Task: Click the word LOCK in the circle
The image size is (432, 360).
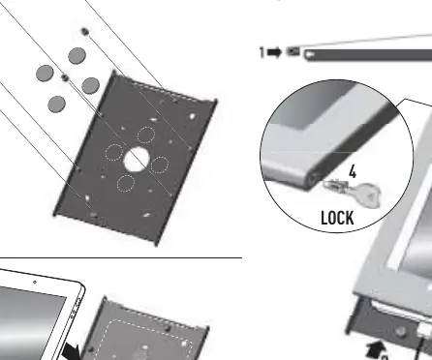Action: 337,218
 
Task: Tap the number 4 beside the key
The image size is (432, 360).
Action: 353,171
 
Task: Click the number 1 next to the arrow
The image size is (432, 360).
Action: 262,52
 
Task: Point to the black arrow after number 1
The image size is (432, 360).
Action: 274,52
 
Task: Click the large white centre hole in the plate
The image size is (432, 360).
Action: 137,159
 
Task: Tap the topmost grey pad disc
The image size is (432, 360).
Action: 77,55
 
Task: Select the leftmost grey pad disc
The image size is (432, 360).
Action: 45,73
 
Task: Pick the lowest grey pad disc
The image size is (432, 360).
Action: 57,104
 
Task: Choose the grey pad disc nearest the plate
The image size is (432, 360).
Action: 91,85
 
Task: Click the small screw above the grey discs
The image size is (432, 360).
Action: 85,32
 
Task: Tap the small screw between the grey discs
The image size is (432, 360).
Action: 65,77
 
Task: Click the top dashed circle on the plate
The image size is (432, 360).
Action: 146,135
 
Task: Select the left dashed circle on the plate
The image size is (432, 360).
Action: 114,152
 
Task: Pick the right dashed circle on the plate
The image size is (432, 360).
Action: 160,165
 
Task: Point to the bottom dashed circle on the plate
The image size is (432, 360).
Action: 126,183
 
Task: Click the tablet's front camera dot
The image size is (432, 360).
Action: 35,283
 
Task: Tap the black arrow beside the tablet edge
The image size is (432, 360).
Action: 72,351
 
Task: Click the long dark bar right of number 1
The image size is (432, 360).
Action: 368,55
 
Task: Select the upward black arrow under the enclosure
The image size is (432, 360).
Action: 376,350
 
